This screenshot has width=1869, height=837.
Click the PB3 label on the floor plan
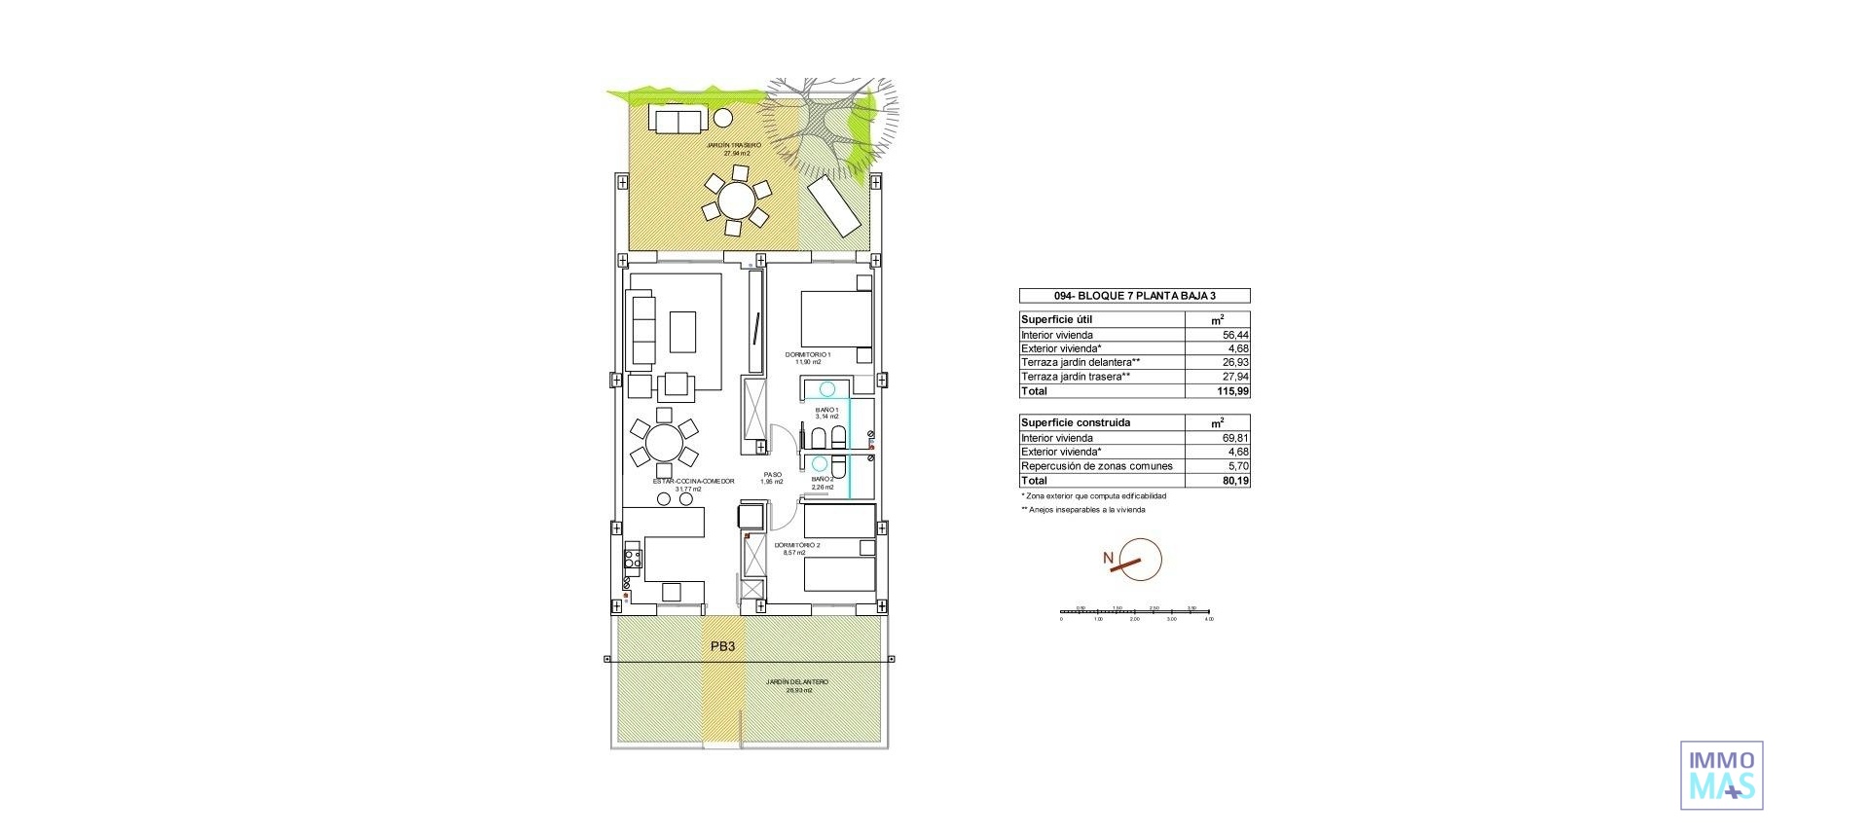coord(722,646)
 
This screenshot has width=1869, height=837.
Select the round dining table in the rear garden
coord(735,201)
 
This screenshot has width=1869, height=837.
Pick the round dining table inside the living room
coord(664,446)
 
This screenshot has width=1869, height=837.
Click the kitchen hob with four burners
coord(633,559)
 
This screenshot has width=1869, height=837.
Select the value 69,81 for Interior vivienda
coord(1235,438)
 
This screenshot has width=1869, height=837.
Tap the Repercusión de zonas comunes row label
coord(1096,466)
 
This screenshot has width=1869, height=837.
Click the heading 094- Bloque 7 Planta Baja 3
coord(1134,296)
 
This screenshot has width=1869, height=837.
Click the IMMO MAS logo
coord(1721,775)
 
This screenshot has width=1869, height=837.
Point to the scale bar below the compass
coord(1135,614)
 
